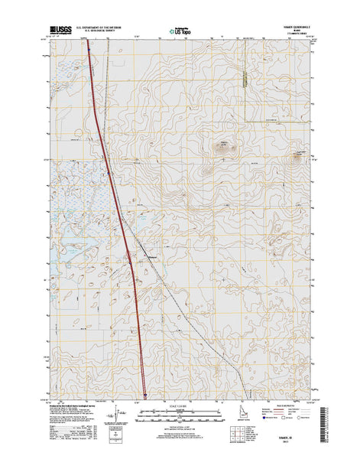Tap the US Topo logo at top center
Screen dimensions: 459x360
182,31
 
